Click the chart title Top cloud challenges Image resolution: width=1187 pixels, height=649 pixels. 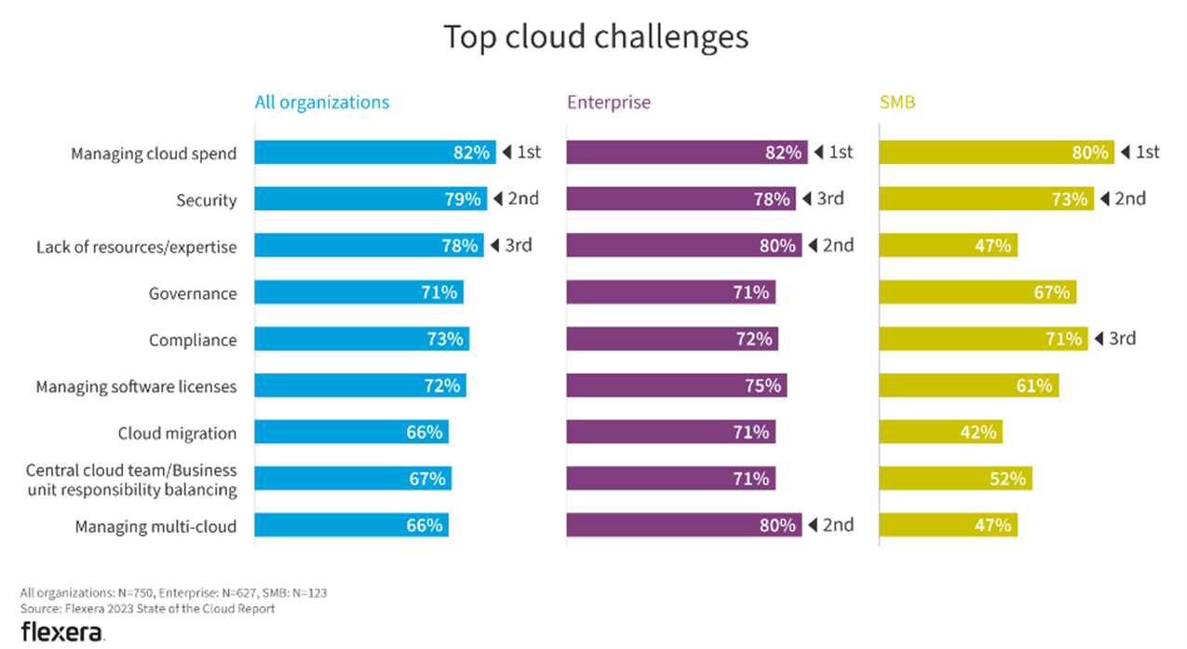595,37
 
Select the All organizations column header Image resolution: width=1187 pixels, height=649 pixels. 322,102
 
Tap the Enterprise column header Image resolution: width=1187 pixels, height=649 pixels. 608,102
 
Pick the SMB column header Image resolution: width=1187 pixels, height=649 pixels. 897,102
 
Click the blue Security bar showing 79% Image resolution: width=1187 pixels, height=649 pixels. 370,199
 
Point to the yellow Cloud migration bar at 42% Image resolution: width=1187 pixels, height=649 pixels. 940,432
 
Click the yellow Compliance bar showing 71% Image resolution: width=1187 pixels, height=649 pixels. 983,339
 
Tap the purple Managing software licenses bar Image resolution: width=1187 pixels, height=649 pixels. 676,385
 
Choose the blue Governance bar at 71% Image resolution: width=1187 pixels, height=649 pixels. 358,292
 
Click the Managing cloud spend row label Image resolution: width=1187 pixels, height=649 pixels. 154,154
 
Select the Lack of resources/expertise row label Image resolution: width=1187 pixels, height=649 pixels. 137,247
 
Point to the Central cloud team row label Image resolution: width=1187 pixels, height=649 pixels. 131,480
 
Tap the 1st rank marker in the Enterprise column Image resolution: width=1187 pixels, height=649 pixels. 833,152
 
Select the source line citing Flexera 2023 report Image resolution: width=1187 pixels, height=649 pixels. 147,609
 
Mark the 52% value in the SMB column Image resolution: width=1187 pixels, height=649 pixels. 1007,479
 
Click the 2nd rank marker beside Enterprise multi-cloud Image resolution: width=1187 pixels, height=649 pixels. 830,524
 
